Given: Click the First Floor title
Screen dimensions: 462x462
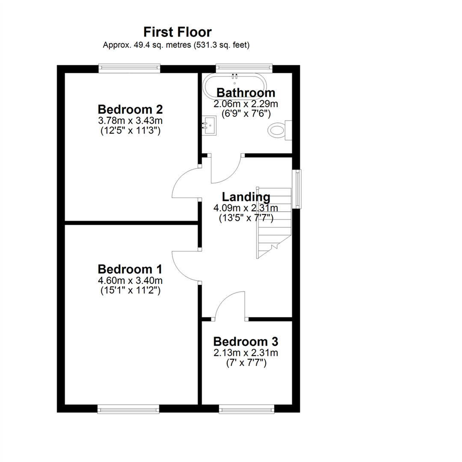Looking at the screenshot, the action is pyautogui.click(x=178, y=32).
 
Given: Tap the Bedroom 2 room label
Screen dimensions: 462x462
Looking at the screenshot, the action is pyautogui.click(x=130, y=110).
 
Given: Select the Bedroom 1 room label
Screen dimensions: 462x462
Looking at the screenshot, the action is pyautogui.click(x=130, y=269).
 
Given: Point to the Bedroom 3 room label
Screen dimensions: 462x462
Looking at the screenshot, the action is pyautogui.click(x=246, y=342).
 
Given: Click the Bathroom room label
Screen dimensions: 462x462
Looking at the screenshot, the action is pyautogui.click(x=246, y=92).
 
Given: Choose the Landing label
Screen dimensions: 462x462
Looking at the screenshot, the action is pyautogui.click(x=246, y=197).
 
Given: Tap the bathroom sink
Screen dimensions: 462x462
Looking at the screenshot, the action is pyautogui.click(x=209, y=125).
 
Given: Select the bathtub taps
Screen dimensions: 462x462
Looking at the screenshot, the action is pyautogui.click(x=235, y=77).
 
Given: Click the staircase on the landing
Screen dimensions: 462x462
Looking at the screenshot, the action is pyautogui.click(x=274, y=223).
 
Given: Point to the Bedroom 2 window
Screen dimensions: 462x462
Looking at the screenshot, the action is pyautogui.click(x=129, y=68).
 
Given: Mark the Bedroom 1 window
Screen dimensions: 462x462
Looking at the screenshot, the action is pyautogui.click(x=128, y=409).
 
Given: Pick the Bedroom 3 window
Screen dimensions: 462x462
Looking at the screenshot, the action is pyautogui.click(x=247, y=409).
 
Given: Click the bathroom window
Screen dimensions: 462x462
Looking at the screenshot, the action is pyautogui.click(x=244, y=68).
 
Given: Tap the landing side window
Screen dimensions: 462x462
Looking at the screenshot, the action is pyautogui.click(x=297, y=189).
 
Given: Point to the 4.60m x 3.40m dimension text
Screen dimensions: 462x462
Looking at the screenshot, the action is pyautogui.click(x=130, y=280).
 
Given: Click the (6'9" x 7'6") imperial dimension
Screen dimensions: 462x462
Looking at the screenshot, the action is pyautogui.click(x=246, y=114).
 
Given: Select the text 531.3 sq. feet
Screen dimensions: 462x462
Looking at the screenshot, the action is pyautogui.click(x=222, y=45).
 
